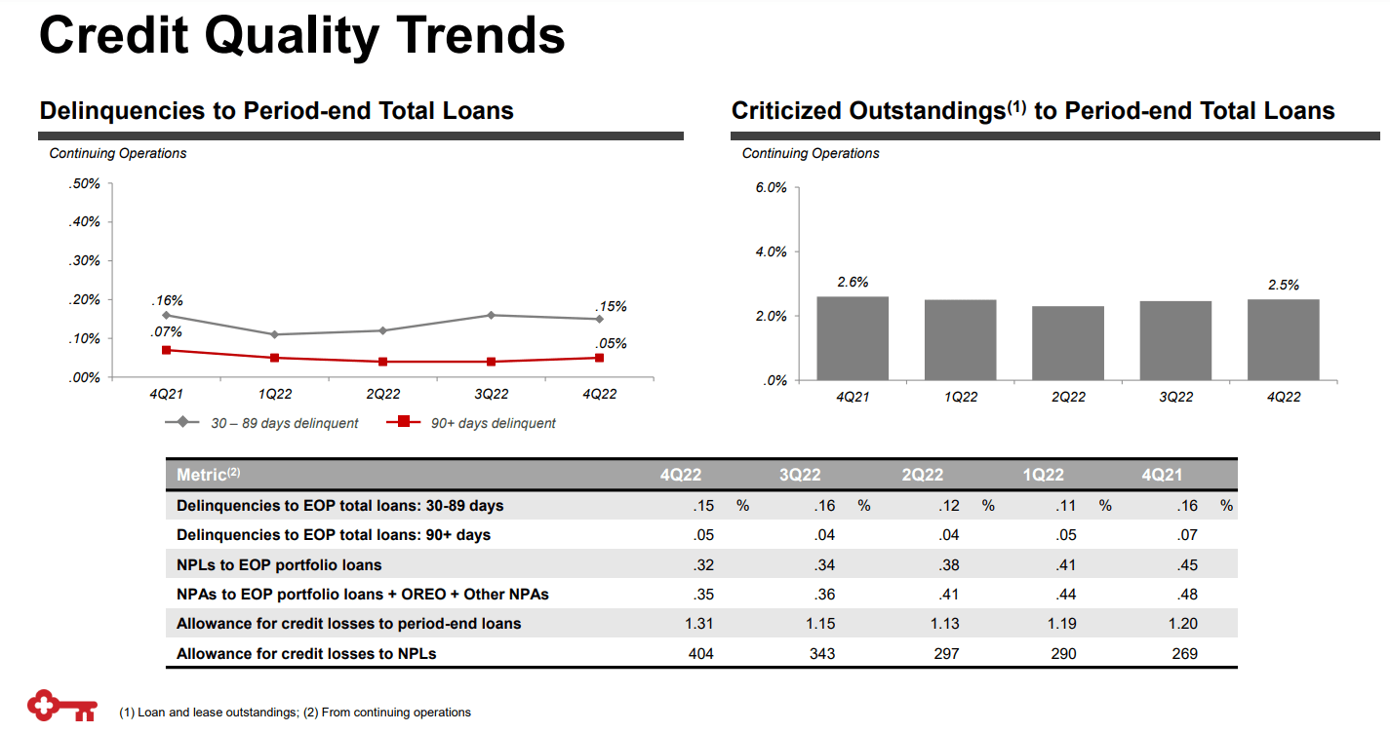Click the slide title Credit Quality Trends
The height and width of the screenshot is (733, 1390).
click(301, 36)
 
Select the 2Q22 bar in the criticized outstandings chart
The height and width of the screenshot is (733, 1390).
click(1068, 343)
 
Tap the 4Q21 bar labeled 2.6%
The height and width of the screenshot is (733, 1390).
click(853, 338)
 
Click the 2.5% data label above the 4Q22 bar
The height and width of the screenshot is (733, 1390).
click(1283, 286)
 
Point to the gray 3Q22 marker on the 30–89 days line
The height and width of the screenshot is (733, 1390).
click(492, 315)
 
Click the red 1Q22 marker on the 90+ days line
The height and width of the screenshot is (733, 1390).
click(275, 358)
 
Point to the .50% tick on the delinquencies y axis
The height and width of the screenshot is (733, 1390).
click(85, 183)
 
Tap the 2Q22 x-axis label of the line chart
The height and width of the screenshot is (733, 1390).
click(383, 395)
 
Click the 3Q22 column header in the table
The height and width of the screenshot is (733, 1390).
click(800, 476)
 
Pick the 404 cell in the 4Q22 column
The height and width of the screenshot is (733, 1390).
click(700, 654)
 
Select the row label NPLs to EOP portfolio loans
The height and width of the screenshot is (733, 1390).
click(279, 565)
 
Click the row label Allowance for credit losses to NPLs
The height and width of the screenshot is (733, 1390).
click(306, 654)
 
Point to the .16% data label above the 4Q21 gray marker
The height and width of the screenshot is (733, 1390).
click(167, 301)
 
